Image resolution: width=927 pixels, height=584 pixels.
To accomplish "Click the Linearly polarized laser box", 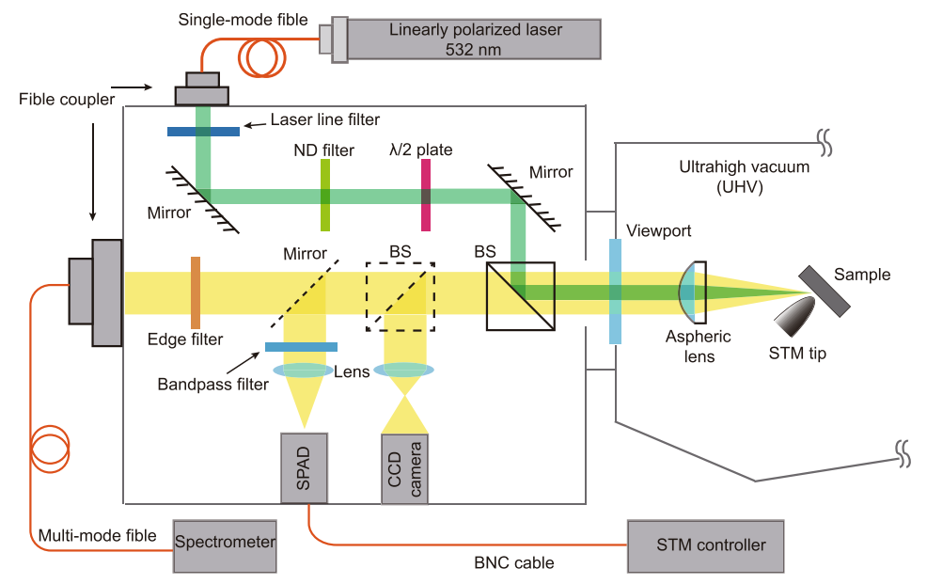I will tap(475, 38).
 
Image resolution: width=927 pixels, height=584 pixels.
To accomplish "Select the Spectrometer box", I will tap(226, 543).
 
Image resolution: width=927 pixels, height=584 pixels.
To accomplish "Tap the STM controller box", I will tap(705, 545).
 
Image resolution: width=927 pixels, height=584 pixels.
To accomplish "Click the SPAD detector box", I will tap(304, 467).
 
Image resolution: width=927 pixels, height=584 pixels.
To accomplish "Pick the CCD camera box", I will tap(404, 467).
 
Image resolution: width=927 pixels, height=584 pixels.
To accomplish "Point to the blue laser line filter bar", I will tap(202, 131).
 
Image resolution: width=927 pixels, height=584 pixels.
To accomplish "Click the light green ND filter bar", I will tap(325, 195).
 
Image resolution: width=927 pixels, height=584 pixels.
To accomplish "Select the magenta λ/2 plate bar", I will tap(426, 195).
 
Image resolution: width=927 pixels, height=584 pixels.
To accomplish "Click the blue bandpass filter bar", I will tap(301, 346).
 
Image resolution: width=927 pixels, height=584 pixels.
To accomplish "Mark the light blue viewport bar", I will tap(615, 291).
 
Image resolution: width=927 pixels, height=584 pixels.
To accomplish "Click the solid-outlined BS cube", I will tap(520, 295).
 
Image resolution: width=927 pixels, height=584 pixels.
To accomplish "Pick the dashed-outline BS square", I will tap(401, 296).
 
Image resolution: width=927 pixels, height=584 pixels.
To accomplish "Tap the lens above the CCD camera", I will tap(404, 371).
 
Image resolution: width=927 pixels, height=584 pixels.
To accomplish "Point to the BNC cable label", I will tap(513, 563).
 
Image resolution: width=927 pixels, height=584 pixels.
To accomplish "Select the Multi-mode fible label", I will tap(98, 536).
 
